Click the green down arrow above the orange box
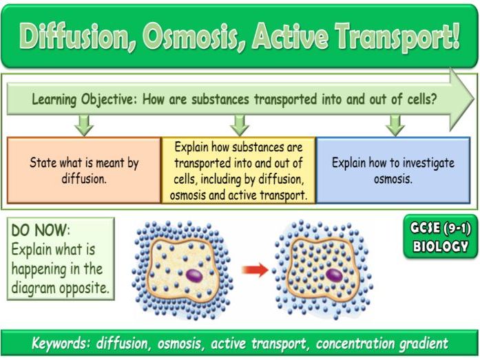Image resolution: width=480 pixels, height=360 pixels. tap(84, 125)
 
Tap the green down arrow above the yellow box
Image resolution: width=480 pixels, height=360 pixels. tap(239, 125)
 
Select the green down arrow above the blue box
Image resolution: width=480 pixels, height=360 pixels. tap(395, 125)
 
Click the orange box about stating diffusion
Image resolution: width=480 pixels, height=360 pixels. tap(84, 170)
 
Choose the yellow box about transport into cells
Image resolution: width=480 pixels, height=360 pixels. tap(239, 170)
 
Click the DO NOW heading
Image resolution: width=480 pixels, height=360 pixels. tap(41, 231)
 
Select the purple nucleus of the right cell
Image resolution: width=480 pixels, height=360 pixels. tap(335, 275)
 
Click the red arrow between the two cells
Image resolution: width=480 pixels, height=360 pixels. tap(255, 270)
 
